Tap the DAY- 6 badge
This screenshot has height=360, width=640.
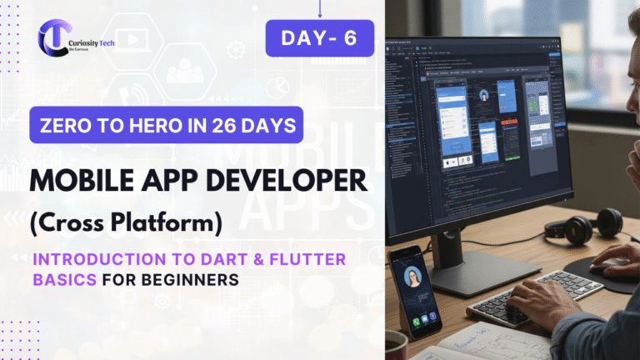click(x=319, y=38)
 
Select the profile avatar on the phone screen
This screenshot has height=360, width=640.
click(x=412, y=276)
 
